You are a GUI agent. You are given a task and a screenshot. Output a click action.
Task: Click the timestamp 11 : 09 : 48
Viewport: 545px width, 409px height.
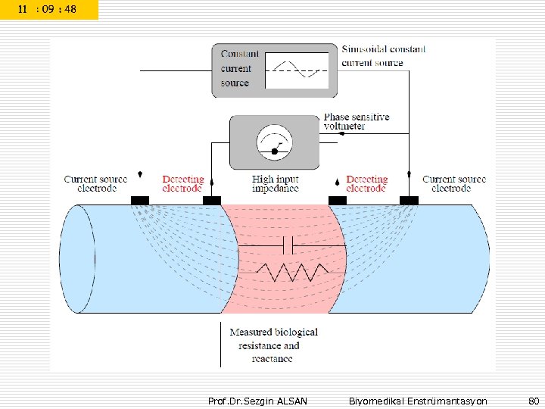(x=48, y=10)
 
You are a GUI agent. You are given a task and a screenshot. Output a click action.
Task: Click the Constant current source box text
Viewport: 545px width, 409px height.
(x=240, y=68)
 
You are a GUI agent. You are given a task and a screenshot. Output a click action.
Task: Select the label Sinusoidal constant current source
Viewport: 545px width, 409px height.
(x=383, y=55)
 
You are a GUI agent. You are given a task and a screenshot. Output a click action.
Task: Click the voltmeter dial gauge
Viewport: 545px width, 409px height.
(x=274, y=142)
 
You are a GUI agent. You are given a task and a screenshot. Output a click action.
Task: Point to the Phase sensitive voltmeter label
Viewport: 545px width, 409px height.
(x=357, y=121)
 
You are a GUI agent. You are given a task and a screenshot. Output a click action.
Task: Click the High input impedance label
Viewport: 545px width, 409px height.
(x=276, y=184)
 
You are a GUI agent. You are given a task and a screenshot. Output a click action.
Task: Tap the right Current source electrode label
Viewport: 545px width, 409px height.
(x=453, y=184)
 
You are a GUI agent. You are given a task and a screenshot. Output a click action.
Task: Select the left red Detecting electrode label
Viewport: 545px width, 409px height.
(x=182, y=184)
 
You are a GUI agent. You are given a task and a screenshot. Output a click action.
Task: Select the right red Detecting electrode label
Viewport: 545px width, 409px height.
(x=366, y=184)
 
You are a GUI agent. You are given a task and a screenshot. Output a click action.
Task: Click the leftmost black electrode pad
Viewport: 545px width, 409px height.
(x=140, y=201)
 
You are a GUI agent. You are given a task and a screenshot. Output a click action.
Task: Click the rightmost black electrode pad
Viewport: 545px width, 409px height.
(x=409, y=201)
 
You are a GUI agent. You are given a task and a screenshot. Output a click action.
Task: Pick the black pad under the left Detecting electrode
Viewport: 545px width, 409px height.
(x=211, y=201)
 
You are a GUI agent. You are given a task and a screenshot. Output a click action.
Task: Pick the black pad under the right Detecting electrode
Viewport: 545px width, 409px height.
(x=337, y=201)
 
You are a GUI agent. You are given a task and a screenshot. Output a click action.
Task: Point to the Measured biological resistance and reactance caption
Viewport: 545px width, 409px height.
(x=273, y=345)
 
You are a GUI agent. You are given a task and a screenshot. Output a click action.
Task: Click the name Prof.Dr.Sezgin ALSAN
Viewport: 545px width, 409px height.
(x=257, y=401)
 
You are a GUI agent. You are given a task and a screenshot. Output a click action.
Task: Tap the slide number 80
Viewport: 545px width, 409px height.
(x=533, y=401)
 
